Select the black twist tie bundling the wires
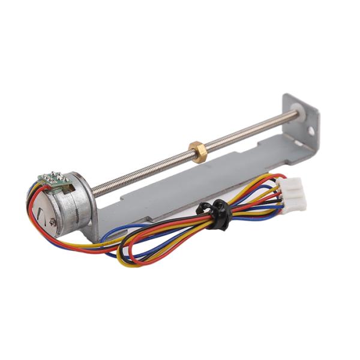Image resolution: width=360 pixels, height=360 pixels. click(x=217, y=214)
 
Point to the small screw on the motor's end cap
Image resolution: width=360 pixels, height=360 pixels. click(x=53, y=221)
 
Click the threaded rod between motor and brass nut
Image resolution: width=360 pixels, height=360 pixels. click(x=144, y=172)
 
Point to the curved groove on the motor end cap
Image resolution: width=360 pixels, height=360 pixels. click(x=41, y=210)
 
